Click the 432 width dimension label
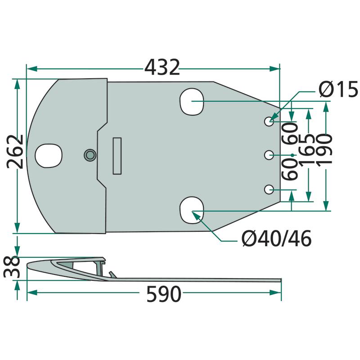162,67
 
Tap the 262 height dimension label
15,152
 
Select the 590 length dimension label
164,294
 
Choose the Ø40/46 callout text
277,238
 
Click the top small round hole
269,121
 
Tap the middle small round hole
269,155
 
